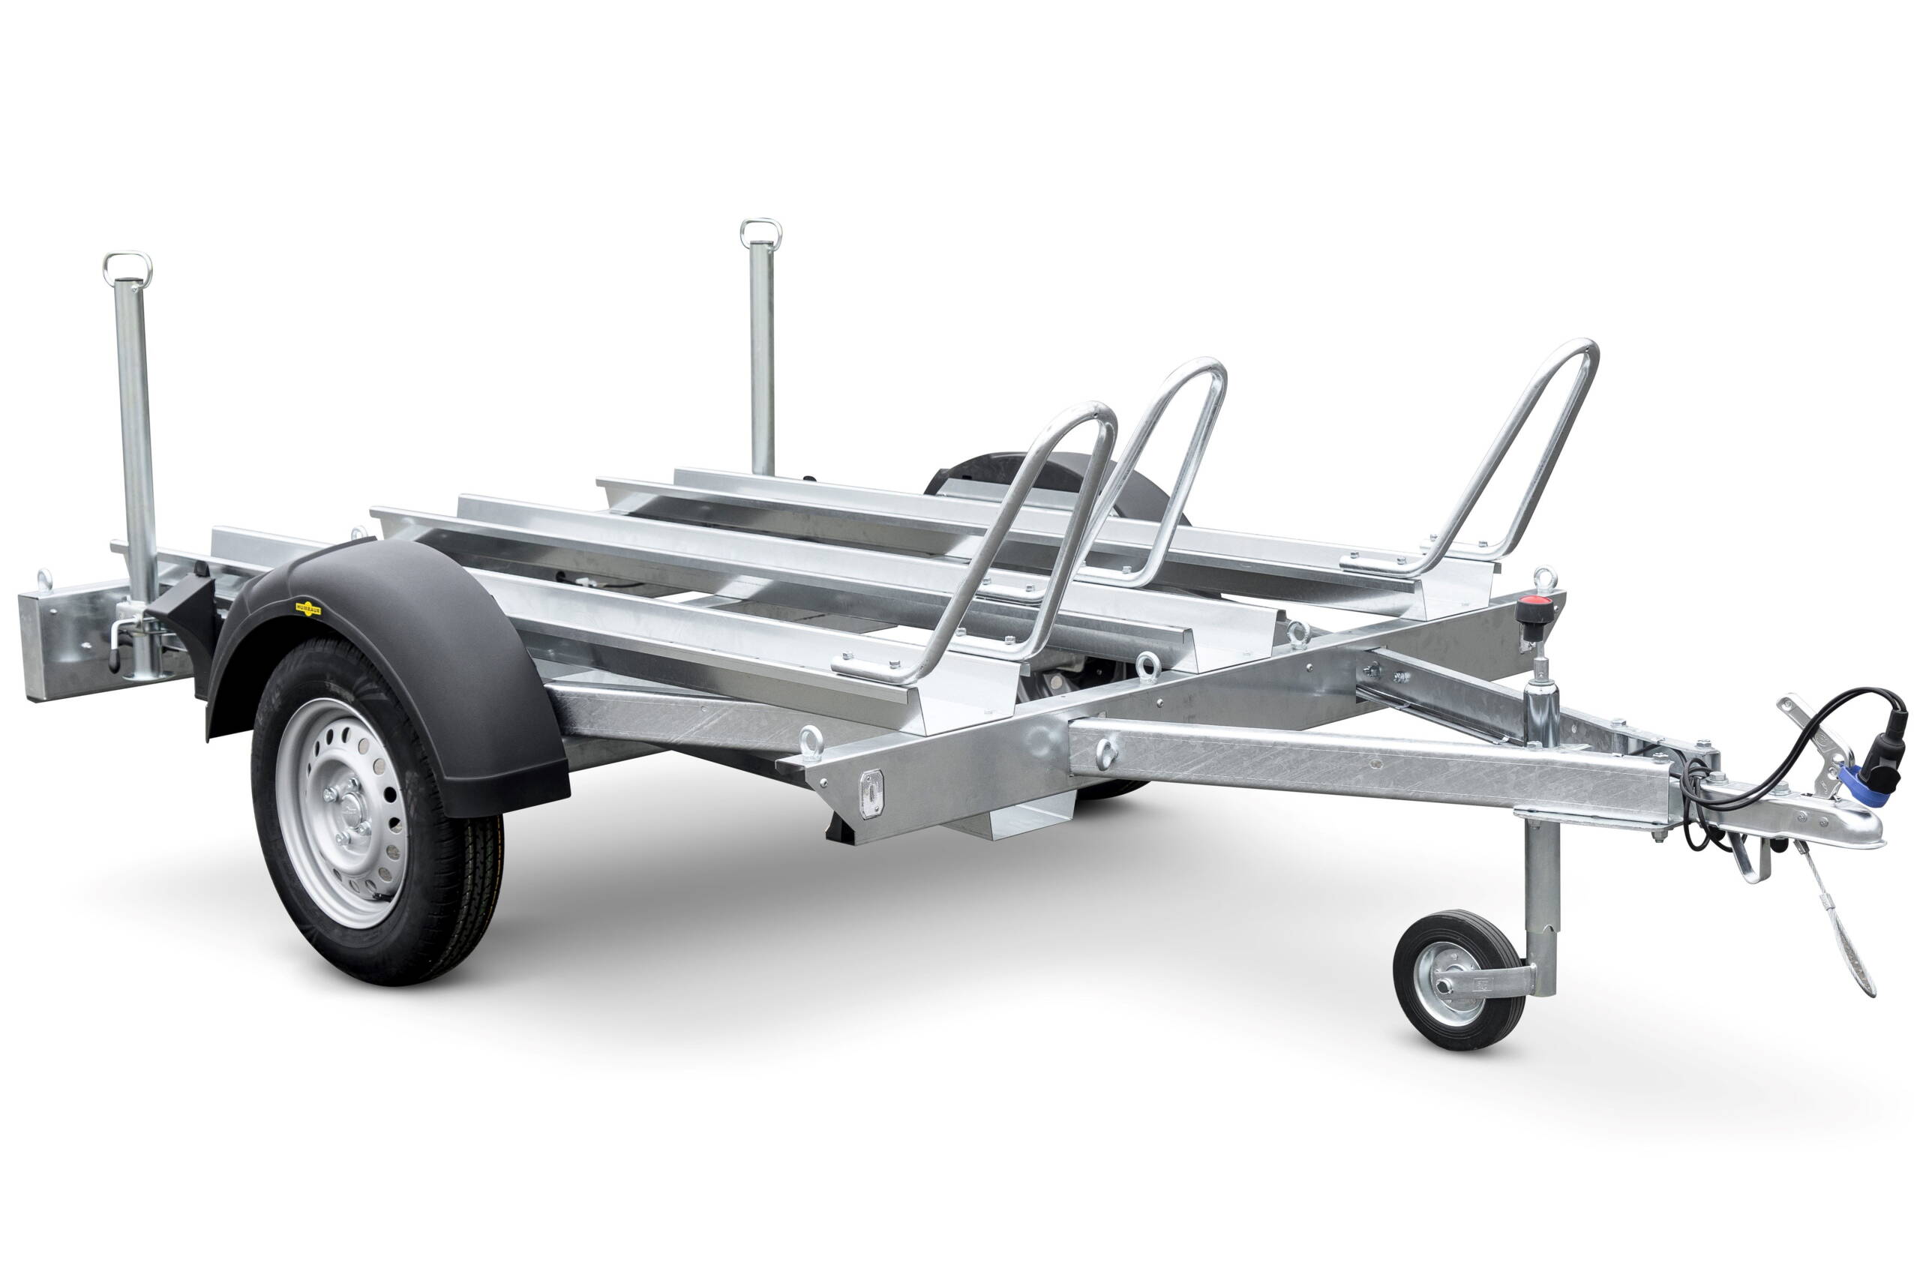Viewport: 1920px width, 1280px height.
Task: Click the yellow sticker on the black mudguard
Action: pyautogui.click(x=307, y=608)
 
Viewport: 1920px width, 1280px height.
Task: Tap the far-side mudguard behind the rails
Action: pyautogui.click(x=1053, y=481)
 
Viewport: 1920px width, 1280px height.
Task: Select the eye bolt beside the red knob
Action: pyautogui.click(x=1544, y=579)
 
